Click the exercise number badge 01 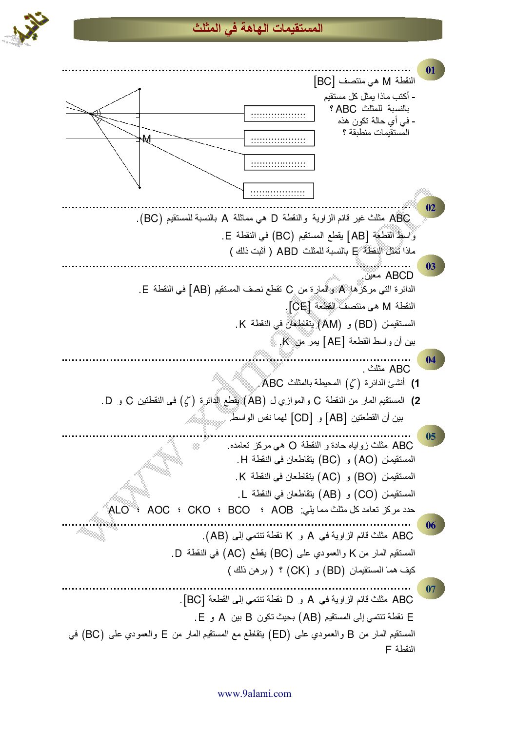coord(430,70)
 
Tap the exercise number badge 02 coord(430,208)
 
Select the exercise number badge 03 coord(430,266)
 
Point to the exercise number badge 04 coord(430,360)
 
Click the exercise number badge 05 coord(430,436)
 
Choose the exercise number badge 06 coord(430,525)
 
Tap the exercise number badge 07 coord(430,589)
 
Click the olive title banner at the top coord(258,29)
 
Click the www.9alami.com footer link coord(254,693)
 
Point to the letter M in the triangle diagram coord(147,139)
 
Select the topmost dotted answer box coord(279,114)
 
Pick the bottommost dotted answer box coord(278,191)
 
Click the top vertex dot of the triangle coord(139,89)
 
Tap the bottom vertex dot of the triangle coord(139,187)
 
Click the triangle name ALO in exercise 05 coord(119,510)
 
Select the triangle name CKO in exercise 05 coord(199,510)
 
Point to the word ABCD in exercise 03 coord(399,276)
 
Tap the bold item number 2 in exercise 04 coord(416,401)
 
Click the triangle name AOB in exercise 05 coord(282,510)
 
